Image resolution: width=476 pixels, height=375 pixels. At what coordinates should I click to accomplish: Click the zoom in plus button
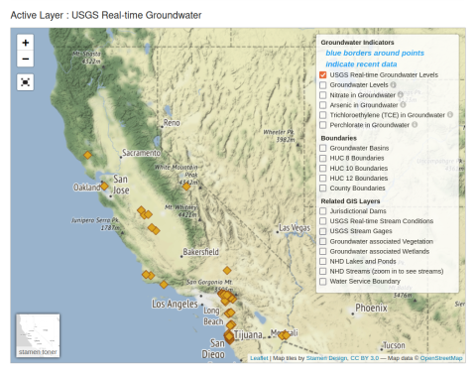tap(26, 43)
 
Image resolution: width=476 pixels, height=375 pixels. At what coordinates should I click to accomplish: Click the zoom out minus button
tap(26, 60)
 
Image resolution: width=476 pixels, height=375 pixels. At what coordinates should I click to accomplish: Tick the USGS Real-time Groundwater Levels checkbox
tap(323, 75)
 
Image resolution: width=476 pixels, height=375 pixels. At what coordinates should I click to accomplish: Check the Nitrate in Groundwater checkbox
tap(323, 94)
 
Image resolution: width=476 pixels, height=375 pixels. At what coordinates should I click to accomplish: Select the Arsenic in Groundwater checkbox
tap(323, 104)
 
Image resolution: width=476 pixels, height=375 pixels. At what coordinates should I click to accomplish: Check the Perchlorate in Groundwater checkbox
tap(323, 125)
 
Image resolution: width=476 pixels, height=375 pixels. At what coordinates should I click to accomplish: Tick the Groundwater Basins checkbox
tap(323, 148)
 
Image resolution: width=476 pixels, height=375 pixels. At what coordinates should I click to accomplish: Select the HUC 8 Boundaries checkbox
tap(323, 158)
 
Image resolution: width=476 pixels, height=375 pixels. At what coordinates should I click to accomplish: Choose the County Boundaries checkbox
tap(323, 187)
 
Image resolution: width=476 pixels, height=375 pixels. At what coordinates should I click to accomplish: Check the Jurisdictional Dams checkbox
tap(323, 210)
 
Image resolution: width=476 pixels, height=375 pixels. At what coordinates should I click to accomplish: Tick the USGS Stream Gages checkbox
tap(323, 230)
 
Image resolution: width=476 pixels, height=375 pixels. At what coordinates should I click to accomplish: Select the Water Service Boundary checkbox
tap(323, 281)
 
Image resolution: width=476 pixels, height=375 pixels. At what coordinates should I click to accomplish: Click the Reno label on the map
tap(173, 123)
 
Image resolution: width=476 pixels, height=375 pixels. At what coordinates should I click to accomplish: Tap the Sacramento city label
tap(140, 154)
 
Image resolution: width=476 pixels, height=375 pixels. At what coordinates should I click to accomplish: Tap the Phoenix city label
tap(371, 309)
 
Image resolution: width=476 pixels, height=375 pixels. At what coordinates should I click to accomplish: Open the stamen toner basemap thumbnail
tap(38, 335)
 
